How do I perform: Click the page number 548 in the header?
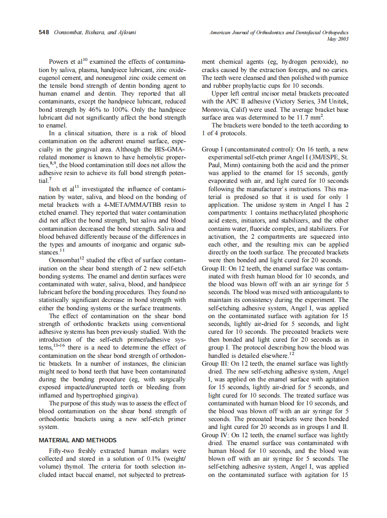pyautogui.click(x=44, y=33)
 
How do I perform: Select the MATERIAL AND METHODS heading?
pyautogui.click(x=78, y=440)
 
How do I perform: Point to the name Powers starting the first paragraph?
pyautogui.click(x=60, y=61)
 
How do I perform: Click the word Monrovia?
pyautogui.click(x=216, y=109)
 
